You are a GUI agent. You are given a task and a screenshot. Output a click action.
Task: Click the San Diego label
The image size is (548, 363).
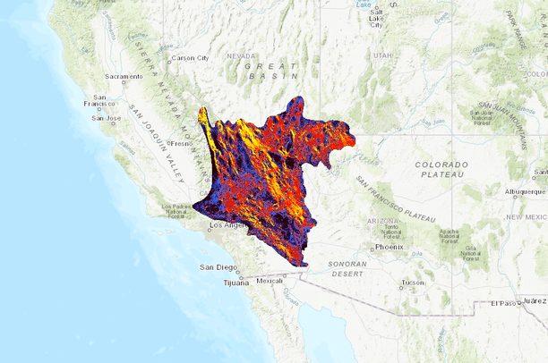pyautogui.click(x=218, y=267)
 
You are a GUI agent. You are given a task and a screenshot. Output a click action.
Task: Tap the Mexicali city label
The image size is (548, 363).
pyautogui.click(x=270, y=281)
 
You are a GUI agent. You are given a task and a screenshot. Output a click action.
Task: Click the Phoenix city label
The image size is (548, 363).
pyautogui.click(x=390, y=247)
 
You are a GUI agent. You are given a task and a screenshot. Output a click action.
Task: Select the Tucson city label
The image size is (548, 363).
pyautogui.click(x=413, y=282)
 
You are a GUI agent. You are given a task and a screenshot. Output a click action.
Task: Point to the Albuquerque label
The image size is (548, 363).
pyautogui.click(x=525, y=190)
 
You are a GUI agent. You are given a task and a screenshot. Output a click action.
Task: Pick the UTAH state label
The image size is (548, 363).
pyautogui.click(x=383, y=55)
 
